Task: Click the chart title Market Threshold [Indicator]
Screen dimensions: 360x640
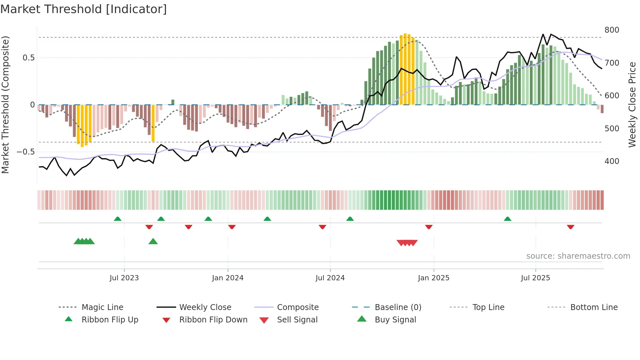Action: tap(84, 9)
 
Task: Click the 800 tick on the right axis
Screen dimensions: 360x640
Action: tap(612, 30)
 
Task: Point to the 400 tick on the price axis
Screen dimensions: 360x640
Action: tap(612, 161)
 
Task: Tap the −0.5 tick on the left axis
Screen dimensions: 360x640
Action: tap(25, 152)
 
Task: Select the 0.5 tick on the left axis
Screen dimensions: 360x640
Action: tap(28, 58)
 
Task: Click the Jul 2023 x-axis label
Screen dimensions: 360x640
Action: tap(124, 278)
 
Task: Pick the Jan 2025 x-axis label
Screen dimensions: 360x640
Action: tap(433, 278)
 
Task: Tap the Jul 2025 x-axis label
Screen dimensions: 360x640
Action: tap(535, 278)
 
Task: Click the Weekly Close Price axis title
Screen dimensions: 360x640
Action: tap(632, 105)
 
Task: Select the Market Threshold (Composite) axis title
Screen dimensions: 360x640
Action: tap(5, 105)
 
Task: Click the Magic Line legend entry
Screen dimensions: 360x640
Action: tap(102, 307)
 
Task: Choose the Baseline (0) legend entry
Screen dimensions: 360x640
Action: tap(398, 307)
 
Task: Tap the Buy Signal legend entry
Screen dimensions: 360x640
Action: tap(395, 320)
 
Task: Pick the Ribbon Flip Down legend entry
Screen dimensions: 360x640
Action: tap(213, 320)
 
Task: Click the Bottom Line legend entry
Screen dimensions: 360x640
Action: tap(594, 307)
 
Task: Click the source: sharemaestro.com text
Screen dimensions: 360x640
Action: tap(578, 256)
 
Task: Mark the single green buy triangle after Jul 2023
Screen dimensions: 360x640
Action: tap(153, 241)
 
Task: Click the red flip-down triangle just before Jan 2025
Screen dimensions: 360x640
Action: tap(429, 227)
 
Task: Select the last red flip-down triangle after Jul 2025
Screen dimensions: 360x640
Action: tap(570, 227)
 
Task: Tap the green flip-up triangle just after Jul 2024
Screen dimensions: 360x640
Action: tap(350, 219)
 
